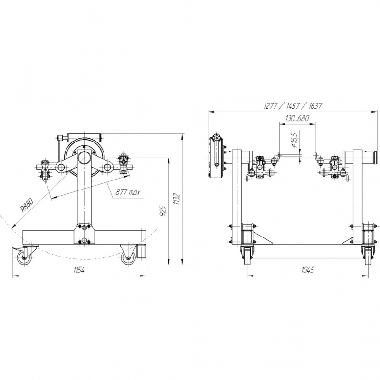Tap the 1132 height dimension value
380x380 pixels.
[x=177, y=199]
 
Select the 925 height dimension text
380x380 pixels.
[x=163, y=211]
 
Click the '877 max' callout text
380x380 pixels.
[x=128, y=193]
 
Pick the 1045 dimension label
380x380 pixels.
[x=307, y=270]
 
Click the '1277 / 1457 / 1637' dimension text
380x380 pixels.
[x=293, y=106]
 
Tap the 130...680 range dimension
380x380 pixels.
[x=297, y=118]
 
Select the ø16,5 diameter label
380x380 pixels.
[x=294, y=140]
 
